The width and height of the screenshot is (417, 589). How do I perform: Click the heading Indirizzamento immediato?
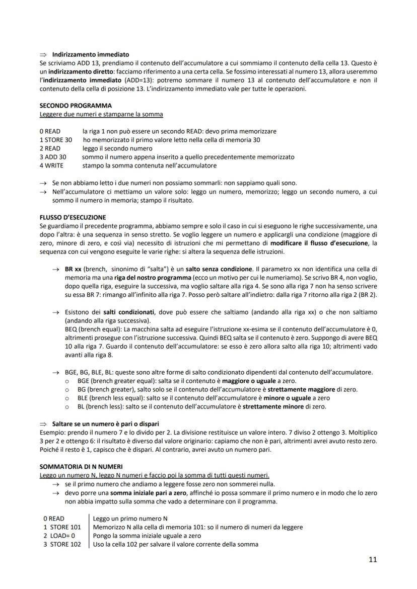click(91, 54)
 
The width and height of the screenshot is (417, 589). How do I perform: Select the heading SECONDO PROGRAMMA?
click(76, 106)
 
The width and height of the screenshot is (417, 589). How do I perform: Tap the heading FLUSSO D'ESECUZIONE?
click(73, 217)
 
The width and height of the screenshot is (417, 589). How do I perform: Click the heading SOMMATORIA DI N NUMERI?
click(81, 467)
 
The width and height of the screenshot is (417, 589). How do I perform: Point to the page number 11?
click(372, 559)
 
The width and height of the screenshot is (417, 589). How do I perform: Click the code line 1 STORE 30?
click(56, 140)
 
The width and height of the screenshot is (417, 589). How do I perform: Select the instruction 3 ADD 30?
click(53, 157)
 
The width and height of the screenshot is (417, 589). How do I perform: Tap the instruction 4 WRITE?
click(52, 165)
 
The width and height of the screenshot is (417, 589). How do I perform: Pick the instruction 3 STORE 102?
click(62, 544)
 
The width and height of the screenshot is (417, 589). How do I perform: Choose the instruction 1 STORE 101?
click(62, 527)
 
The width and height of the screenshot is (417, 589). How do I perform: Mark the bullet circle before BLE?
click(67, 398)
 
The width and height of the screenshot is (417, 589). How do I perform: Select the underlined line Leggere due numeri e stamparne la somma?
click(101, 114)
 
